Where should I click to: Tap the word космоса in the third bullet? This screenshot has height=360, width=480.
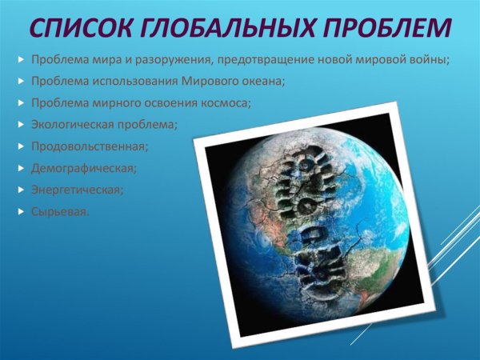pos(227,103)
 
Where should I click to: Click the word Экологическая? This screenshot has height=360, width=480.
pos(69,125)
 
